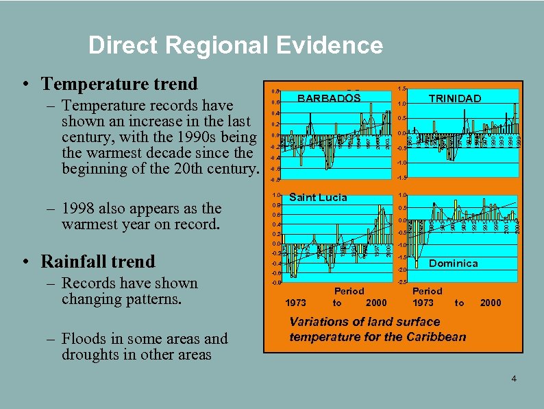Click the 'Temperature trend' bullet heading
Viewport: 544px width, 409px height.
[119, 84]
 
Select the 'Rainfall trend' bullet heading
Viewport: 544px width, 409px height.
[98, 261]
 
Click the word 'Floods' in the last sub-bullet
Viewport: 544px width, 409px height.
[84, 338]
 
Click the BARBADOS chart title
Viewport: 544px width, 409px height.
[329, 98]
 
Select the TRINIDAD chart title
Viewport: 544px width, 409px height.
[454, 98]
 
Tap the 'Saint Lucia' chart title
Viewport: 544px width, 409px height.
[318, 197]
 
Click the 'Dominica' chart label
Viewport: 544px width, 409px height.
[453, 263]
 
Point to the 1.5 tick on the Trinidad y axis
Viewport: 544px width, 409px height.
[402, 89]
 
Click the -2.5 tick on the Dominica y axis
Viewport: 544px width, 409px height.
[402, 282]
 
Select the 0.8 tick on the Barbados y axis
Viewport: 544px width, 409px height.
[273, 91]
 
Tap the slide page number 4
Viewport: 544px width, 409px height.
[513, 379]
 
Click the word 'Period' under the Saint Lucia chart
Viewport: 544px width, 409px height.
[349, 291]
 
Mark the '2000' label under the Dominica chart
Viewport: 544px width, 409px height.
[490, 303]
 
